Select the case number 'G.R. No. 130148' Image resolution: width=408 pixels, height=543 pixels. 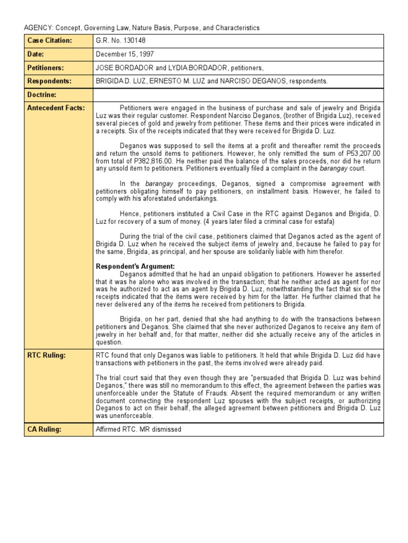(121, 41)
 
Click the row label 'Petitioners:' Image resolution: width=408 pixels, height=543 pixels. (46, 68)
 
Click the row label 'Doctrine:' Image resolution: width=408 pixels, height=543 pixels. (42, 94)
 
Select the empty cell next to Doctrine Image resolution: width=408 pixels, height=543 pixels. (237, 94)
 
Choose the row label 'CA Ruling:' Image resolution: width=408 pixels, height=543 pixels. (45, 429)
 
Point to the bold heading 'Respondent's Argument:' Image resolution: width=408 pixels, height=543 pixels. (135, 266)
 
